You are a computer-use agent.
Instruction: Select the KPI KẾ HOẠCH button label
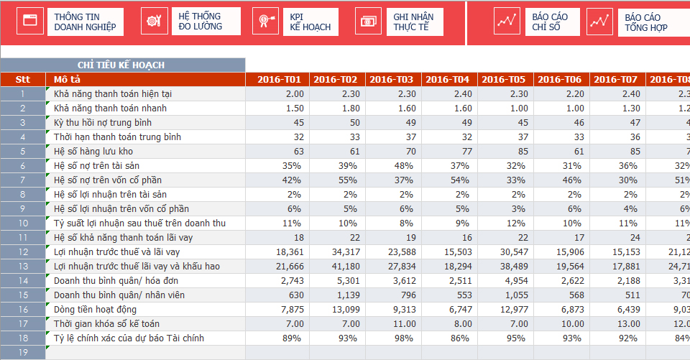pos(310,22)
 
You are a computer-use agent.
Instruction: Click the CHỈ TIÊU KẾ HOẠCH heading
pos(121,65)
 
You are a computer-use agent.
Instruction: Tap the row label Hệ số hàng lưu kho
pos(93,151)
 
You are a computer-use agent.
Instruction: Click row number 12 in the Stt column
pos(22,251)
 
